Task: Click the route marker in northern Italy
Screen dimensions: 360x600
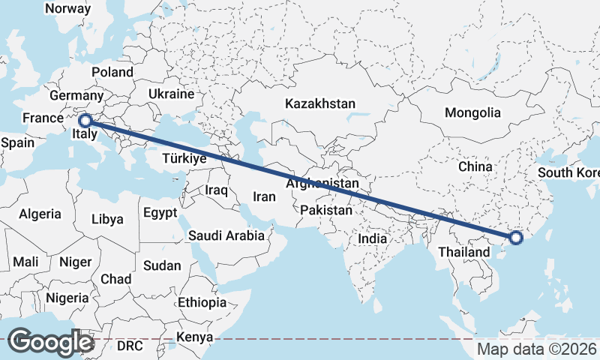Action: [x=85, y=120]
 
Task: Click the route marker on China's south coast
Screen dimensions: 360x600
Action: [x=516, y=238]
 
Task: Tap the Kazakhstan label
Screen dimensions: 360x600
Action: [x=319, y=104]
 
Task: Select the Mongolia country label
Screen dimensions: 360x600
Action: [x=472, y=112]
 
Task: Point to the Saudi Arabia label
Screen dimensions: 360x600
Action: [x=226, y=235]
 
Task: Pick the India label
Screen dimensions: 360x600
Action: [x=372, y=238]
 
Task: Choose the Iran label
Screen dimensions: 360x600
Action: [x=265, y=196]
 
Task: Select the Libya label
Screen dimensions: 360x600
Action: [x=106, y=220]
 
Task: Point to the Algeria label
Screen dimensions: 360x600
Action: [x=40, y=214]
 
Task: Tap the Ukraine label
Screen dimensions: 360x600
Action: [x=171, y=94]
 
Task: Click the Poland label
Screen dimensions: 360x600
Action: [x=112, y=72]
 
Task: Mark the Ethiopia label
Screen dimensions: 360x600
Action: [x=202, y=302]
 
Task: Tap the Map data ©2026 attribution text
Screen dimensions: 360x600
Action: [x=537, y=349]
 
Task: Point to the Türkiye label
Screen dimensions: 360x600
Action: [x=184, y=159]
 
